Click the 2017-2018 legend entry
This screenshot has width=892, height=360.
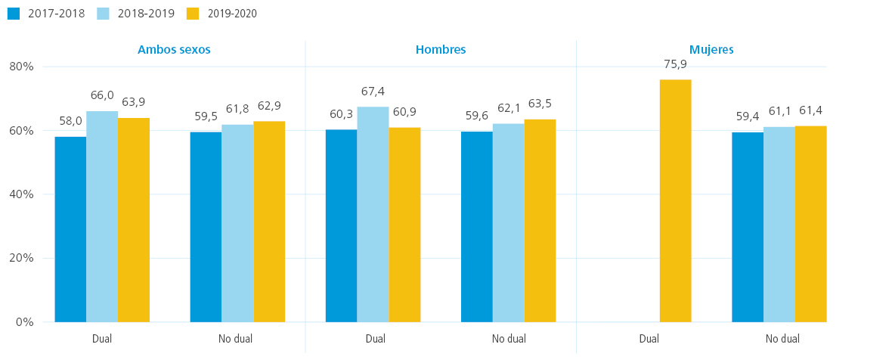tap(46, 14)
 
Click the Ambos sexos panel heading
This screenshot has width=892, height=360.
tap(174, 49)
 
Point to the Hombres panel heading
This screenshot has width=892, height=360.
tap(441, 49)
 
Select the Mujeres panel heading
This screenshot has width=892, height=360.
tap(712, 49)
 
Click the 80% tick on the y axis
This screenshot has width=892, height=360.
tap(22, 67)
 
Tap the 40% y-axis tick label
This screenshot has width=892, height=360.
tap(22, 194)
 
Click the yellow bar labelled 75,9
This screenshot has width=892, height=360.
tap(675, 200)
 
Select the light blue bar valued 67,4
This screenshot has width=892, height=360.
tap(373, 214)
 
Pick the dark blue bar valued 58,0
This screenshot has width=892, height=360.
tap(70, 229)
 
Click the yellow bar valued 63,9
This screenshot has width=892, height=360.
tap(134, 220)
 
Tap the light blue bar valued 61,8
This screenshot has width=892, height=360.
tap(237, 224)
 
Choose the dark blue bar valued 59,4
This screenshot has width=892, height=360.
tap(748, 227)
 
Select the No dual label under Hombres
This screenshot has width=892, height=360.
tap(509, 339)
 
